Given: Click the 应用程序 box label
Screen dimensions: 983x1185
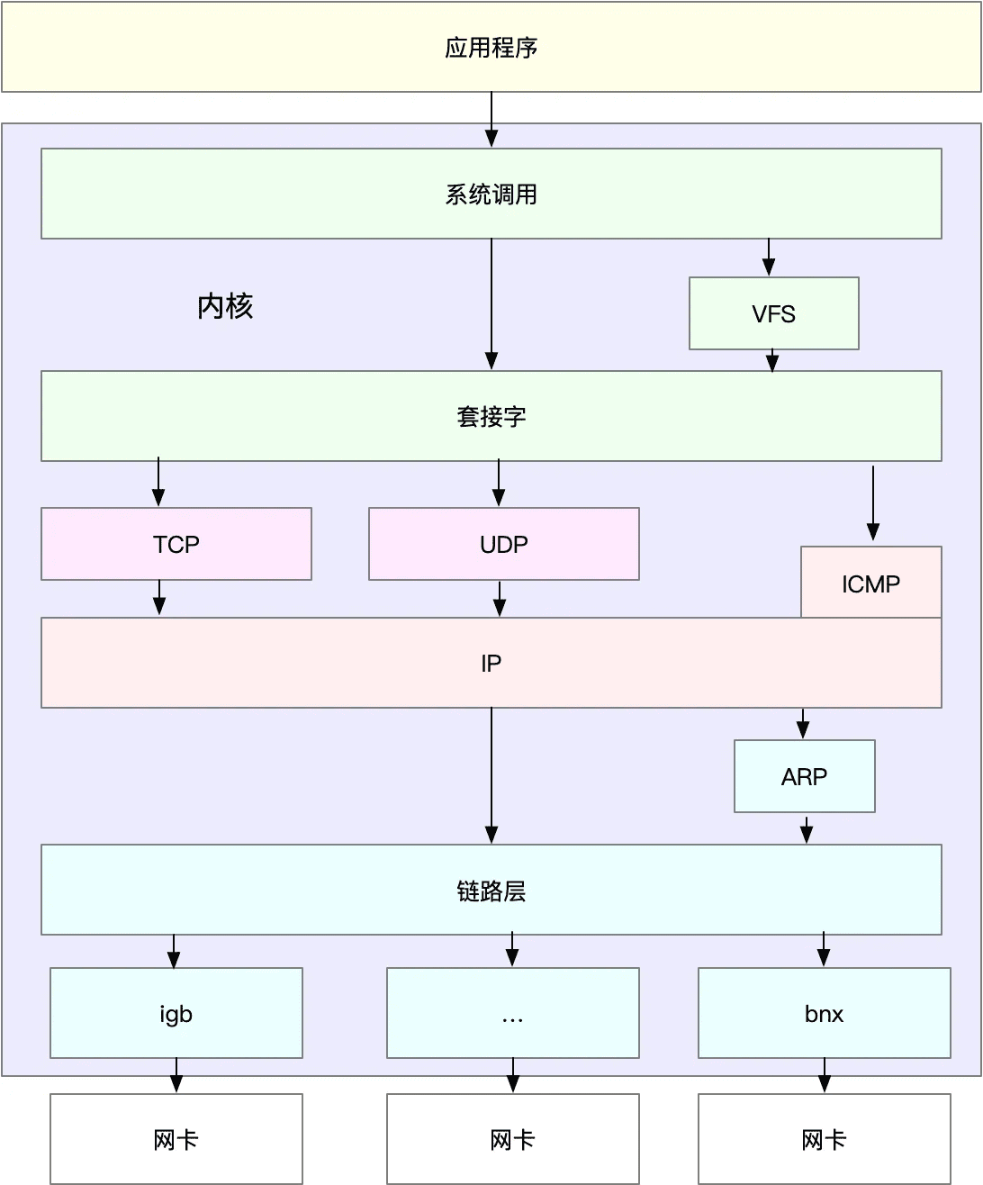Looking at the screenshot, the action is pyautogui.click(x=491, y=48).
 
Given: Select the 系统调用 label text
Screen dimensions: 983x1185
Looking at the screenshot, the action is pyautogui.click(x=491, y=194).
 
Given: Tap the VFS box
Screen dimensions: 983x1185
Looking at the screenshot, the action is pyautogui.click(x=773, y=313).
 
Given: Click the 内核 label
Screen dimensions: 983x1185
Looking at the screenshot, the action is pyautogui.click(x=225, y=306).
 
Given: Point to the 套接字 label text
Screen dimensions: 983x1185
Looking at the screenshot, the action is pyautogui.click(x=491, y=417).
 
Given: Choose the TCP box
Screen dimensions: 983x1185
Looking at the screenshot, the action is pyautogui.click(x=176, y=544).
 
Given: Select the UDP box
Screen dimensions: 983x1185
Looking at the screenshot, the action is pyautogui.click(x=503, y=544).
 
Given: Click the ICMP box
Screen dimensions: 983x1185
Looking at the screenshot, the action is pyautogui.click(x=870, y=582).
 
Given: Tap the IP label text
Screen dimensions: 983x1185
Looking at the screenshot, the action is pyautogui.click(x=491, y=663).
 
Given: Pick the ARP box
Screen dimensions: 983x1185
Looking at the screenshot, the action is pyautogui.click(x=804, y=776).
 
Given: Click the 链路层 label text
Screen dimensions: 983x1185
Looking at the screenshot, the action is pyautogui.click(x=491, y=891).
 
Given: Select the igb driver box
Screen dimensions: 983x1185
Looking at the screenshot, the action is pyautogui.click(x=176, y=1013).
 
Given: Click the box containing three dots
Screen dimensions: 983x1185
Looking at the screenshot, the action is pyautogui.click(x=512, y=1013).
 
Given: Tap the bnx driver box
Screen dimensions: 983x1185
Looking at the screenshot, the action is pyautogui.click(x=824, y=1013).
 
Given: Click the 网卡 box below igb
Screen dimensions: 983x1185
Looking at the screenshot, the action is pyautogui.click(x=176, y=1139).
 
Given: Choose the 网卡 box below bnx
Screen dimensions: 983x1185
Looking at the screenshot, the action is pyautogui.click(x=824, y=1139).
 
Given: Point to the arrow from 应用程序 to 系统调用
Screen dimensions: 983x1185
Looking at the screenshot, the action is pyautogui.click(x=491, y=119).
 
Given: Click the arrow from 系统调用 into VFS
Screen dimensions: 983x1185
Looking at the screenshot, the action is pyautogui.click(x=769, y=258).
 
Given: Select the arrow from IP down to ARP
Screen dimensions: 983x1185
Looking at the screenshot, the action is pyautogui.click(x=803, y=723).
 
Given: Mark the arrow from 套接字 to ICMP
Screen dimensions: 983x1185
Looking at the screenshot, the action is pyautogui.click(x=873, y=502).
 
